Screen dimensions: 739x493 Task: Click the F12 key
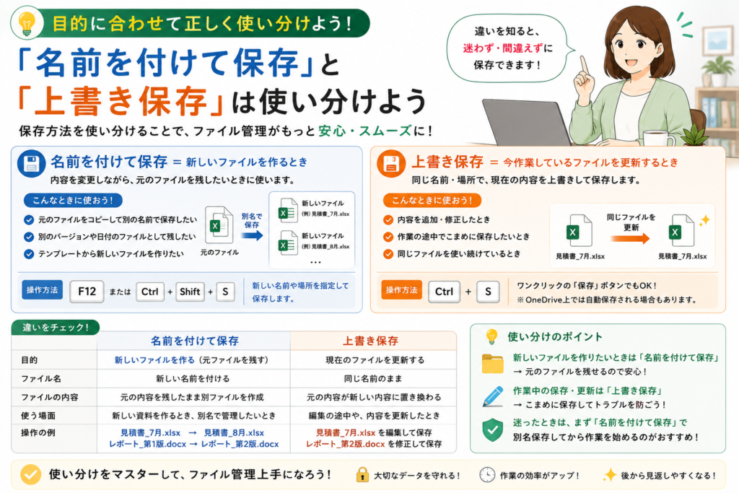pos(87,292)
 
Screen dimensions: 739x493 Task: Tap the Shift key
pos(190,292)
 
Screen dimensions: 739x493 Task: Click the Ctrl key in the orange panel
pos(444,292)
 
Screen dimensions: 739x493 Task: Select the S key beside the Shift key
pos(225,292)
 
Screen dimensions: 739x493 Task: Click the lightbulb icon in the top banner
pos(27,23)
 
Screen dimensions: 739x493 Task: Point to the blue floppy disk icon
pos(31,164)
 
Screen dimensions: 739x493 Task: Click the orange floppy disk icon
pos(391,164)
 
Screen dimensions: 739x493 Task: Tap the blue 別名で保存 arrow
pos(253,235)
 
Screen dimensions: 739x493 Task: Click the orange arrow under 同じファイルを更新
pos(630,238)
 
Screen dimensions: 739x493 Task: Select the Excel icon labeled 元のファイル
pos(219,225)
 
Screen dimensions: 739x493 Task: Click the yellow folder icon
pos(493,364)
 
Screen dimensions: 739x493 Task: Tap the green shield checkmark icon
pos(493,429)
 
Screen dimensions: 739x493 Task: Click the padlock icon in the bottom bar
pos(362,475)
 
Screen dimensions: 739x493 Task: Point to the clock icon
pos(487,475)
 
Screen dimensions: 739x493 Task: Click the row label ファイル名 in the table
pos(41,378)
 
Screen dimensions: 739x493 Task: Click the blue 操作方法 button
pos(43,290)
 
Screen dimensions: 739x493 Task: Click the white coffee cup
pos(659,138)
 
